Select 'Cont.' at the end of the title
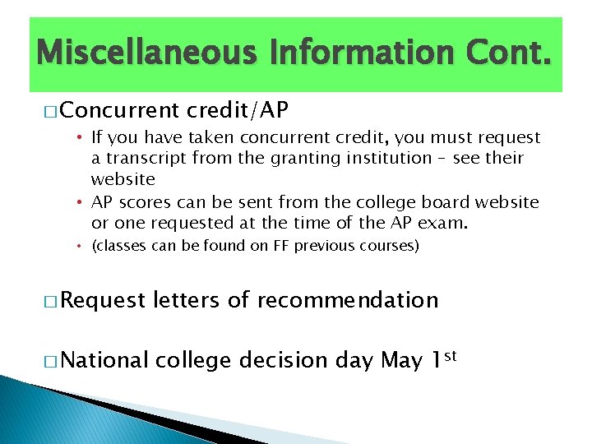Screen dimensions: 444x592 [507, 54]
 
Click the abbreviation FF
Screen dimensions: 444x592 [282, 246]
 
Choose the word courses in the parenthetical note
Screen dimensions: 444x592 [388, 246]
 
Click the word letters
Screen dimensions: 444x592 [186, 300]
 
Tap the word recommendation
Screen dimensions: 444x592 [348, 300]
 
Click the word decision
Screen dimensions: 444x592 [282, 361]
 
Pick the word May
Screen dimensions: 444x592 [401, 361]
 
